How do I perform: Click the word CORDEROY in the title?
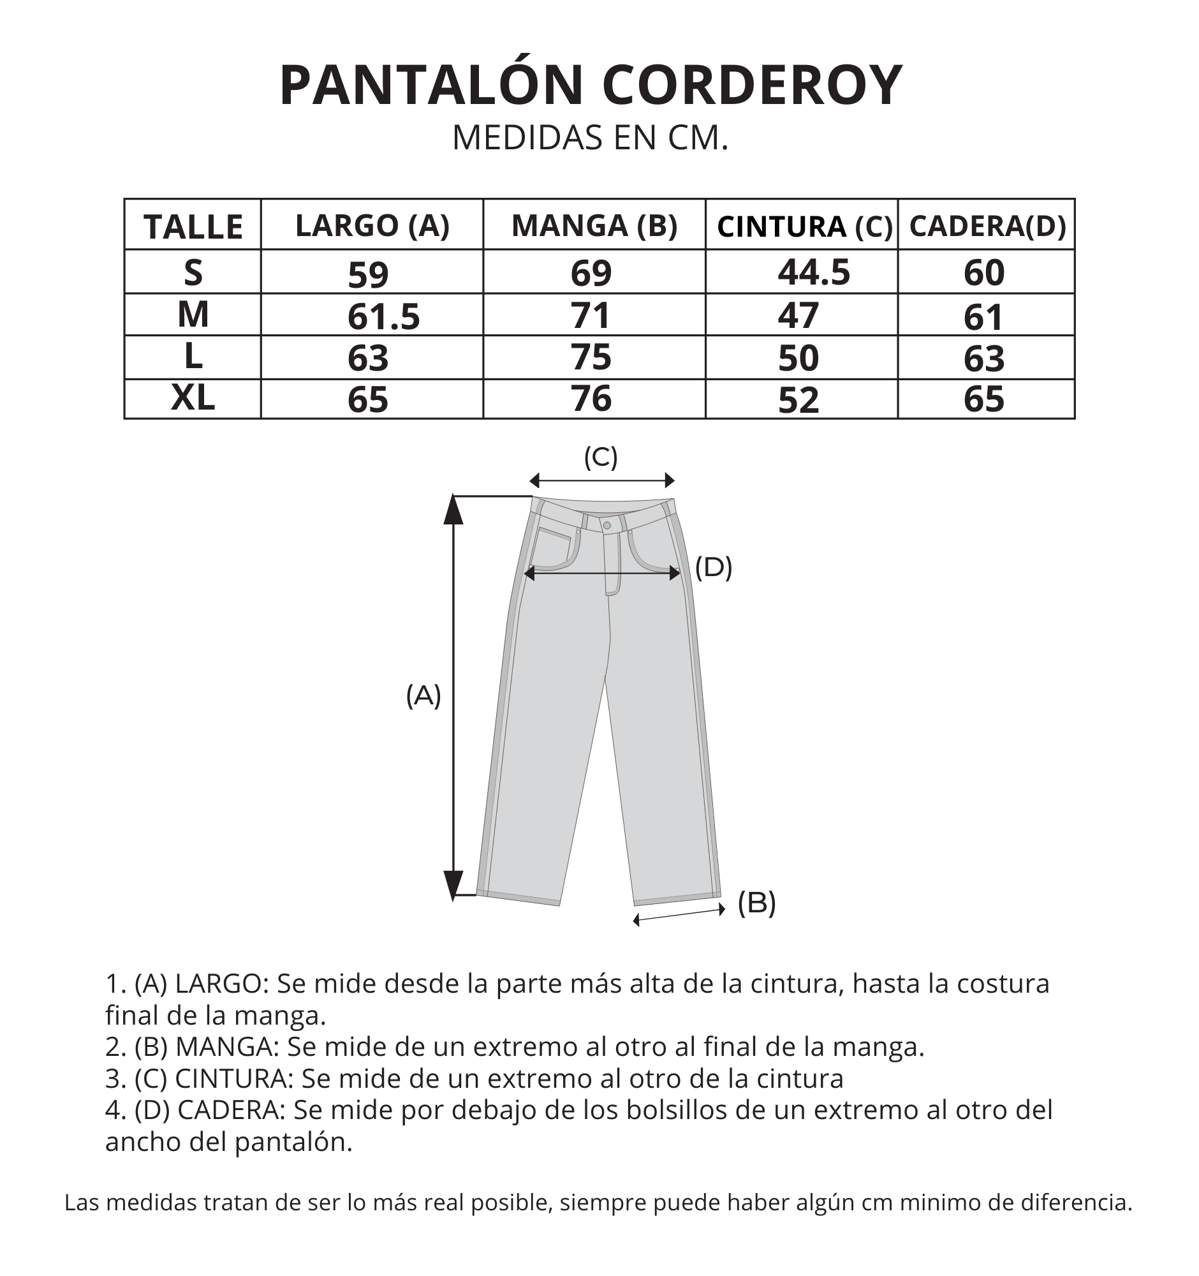pyautogui.click(x=752, y=85)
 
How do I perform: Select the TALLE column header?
pyautogui.click(x=193, y=226)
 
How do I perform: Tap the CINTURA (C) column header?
pyautogui.click(x=804, y=226)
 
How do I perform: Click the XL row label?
pyautogui.click(x=193, y=398)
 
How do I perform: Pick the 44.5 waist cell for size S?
pyautogui.click(x=813, y=272)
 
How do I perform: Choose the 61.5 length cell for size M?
pyautogui.click(x=383, y=316)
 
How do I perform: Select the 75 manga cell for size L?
pyautogui.click(x=591, y=357)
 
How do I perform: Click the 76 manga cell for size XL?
pyautogui.click(x=591, y=399)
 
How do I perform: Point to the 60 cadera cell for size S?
pyautogui.click(x=983, y=272)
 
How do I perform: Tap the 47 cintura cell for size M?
pyautogui.click(x=798, y=316)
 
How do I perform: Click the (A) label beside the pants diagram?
pyautogui.click(x=423, y=695)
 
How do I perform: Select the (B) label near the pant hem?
pyautogui.click(x=756, y=902)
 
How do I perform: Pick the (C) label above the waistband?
pyautogui.click(x=601, y=457)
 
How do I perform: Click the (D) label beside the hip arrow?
pyautogui.click(x=714, y=567)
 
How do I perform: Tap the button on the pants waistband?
pyautogui.click(x=607, y=526)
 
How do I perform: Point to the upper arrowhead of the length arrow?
pyautogui.click(x=453, y=511)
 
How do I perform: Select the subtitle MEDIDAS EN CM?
pyautogui.click(x=590, y=137)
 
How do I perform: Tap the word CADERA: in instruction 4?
pyautogui.click(x=231, y=1109)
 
